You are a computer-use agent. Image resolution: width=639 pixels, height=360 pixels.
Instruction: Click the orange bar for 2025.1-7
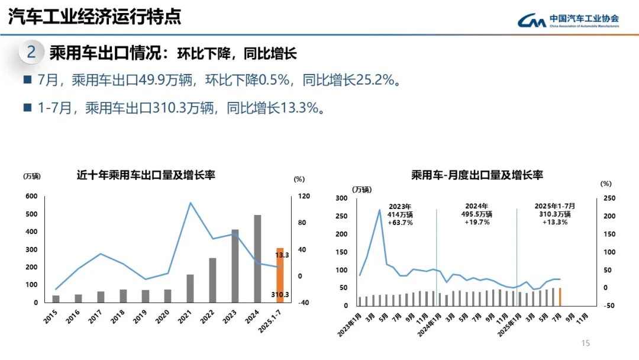tap(280, 275)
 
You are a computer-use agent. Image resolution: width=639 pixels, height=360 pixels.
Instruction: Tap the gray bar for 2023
tap(235, 266)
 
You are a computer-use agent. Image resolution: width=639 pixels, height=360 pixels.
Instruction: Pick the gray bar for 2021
tap(190, 288)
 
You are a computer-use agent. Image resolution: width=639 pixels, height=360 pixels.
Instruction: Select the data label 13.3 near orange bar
tap(282, 255)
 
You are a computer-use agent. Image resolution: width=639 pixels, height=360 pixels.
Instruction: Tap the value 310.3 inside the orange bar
tap(280, 295)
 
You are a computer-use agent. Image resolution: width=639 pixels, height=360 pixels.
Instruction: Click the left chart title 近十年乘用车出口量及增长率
tap(146, 175)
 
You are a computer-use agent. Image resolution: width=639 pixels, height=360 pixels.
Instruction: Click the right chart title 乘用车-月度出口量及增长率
tap(477, 175)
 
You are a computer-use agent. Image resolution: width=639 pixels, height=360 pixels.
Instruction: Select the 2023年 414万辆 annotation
tap(401, 214)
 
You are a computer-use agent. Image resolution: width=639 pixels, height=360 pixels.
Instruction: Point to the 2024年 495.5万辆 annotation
tap(477, 214)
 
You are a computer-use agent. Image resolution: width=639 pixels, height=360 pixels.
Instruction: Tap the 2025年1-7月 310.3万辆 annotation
tap(554, 214)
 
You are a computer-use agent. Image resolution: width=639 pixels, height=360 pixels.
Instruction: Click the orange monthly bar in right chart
tap(560, 297)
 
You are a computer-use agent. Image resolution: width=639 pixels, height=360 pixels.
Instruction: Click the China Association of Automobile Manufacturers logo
tap(568, 20)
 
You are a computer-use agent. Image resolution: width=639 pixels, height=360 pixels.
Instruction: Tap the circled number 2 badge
tap(31, 53)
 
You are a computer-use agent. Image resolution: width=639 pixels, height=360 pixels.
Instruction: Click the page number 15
tap(586, 343)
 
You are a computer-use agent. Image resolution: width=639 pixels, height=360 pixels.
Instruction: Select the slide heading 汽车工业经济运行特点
tap(95, 17)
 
